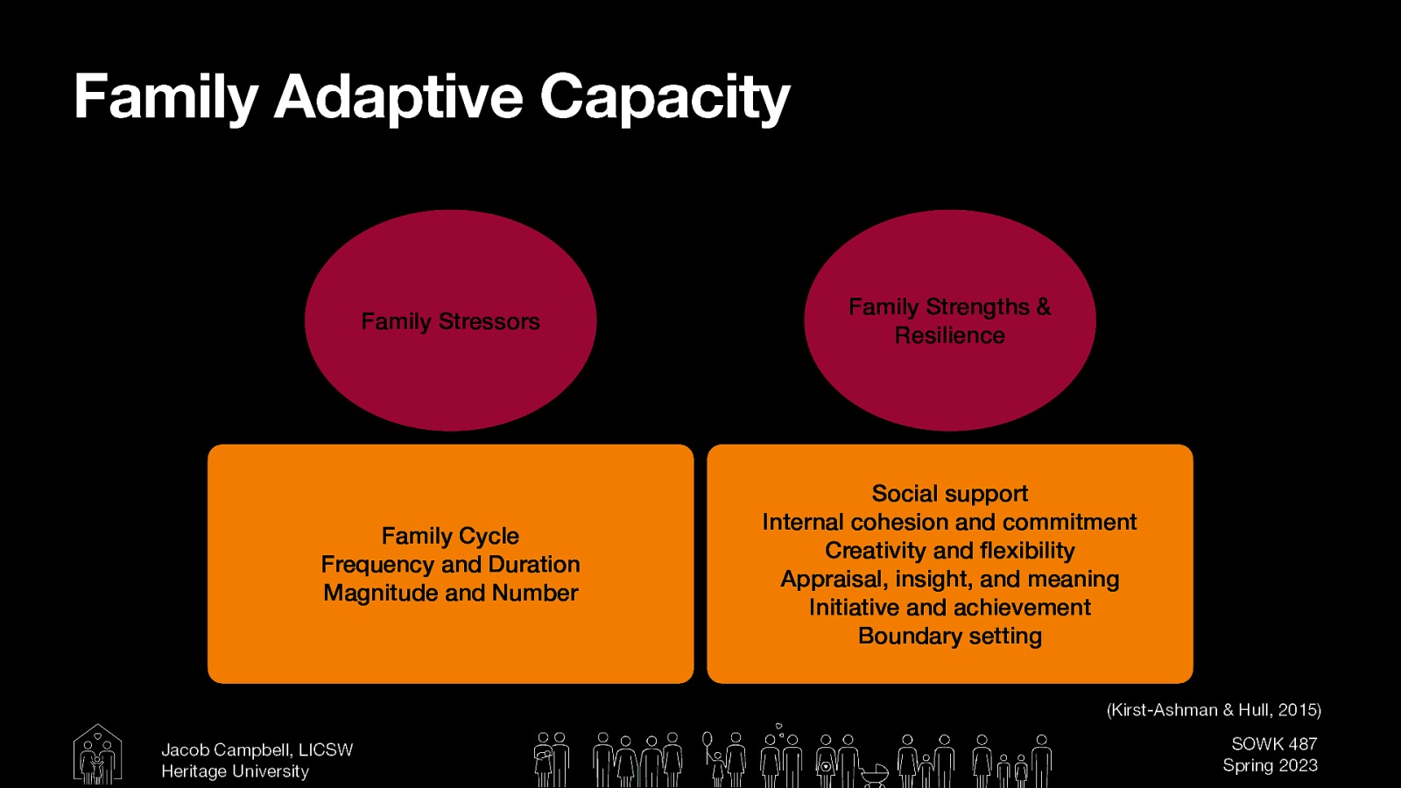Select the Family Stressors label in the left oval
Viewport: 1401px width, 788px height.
[450, 321]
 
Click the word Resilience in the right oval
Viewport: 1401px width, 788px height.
[949, 335]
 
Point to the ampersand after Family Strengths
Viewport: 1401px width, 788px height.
[1043, 306]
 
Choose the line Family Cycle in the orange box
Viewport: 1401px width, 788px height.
[450, 536]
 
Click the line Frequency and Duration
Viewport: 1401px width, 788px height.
[450, 564]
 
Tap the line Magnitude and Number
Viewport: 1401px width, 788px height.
[450, 593]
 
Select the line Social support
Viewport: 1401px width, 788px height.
[949, 494]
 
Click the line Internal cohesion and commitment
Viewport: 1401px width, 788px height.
[949, 522]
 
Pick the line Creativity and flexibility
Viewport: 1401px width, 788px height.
[949, 551]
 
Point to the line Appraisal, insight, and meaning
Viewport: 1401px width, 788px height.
[949, 579]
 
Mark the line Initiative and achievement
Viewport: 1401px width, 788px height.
[949, 608]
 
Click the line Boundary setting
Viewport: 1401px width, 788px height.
[949, 636]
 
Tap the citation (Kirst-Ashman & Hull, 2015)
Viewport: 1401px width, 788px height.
[1214, 710]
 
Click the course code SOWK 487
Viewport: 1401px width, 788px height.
[1274, 744]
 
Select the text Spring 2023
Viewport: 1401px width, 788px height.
[1270, 765]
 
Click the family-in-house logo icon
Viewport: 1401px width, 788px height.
[97, 754]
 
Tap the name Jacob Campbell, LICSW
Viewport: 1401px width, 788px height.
[257, 750]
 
